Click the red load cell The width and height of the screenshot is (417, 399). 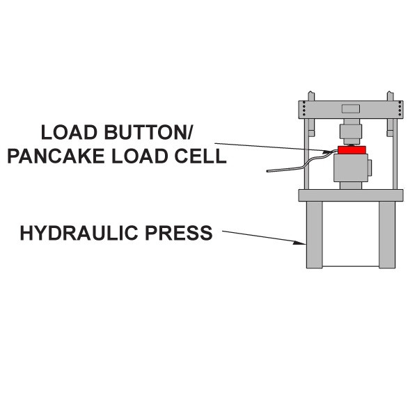(352, 149)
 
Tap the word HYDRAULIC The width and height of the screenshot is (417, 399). (79, 233)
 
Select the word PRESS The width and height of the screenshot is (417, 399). (179, 233)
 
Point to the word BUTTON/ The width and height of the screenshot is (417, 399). (148, 132)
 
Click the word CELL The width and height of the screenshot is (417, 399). (200, 156)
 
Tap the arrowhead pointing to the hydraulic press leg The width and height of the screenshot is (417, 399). (299, 243)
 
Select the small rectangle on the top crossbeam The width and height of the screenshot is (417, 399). (351, 108)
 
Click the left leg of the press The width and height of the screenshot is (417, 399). (315, 235)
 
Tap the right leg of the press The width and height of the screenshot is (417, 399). (387, 235)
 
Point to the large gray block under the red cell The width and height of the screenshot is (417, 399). (351, 168)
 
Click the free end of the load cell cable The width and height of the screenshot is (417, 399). (267, 171)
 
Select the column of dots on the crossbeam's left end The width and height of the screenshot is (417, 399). (304, 108)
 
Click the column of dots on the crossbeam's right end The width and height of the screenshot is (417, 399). (400, 108)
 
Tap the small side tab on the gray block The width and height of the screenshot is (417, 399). (370, 168)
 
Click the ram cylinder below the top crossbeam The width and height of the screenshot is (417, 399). (351, 131)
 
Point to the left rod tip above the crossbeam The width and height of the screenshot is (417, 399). (311, 96)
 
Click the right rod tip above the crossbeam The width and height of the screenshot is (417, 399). (390, 96)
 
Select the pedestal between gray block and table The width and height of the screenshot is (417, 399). (351, 186)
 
